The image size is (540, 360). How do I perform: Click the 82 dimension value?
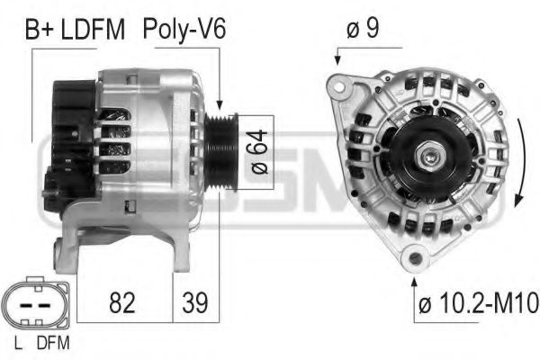pyautogui.click(x=121, y=302)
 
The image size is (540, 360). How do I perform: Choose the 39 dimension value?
pyautogui.click(x=191, y=302)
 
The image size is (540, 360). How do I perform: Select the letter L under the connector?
pyautogui.click(x=19, y=342)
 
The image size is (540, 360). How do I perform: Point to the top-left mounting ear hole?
pyautogui.click(x=339, y=86)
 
